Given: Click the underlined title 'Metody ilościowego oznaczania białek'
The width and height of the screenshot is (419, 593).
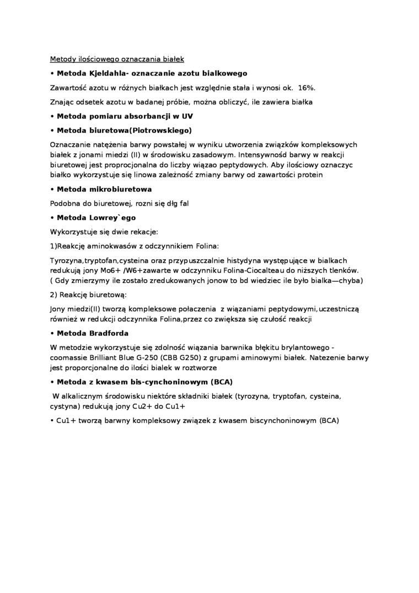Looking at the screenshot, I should click(117, 59).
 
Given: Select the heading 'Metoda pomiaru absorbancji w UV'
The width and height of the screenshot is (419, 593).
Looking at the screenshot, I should click(125, 116).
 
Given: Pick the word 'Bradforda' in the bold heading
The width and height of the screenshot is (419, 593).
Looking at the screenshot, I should click(109, 333).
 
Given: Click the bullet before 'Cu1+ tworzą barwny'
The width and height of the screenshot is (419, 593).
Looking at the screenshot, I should click(52, 420).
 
